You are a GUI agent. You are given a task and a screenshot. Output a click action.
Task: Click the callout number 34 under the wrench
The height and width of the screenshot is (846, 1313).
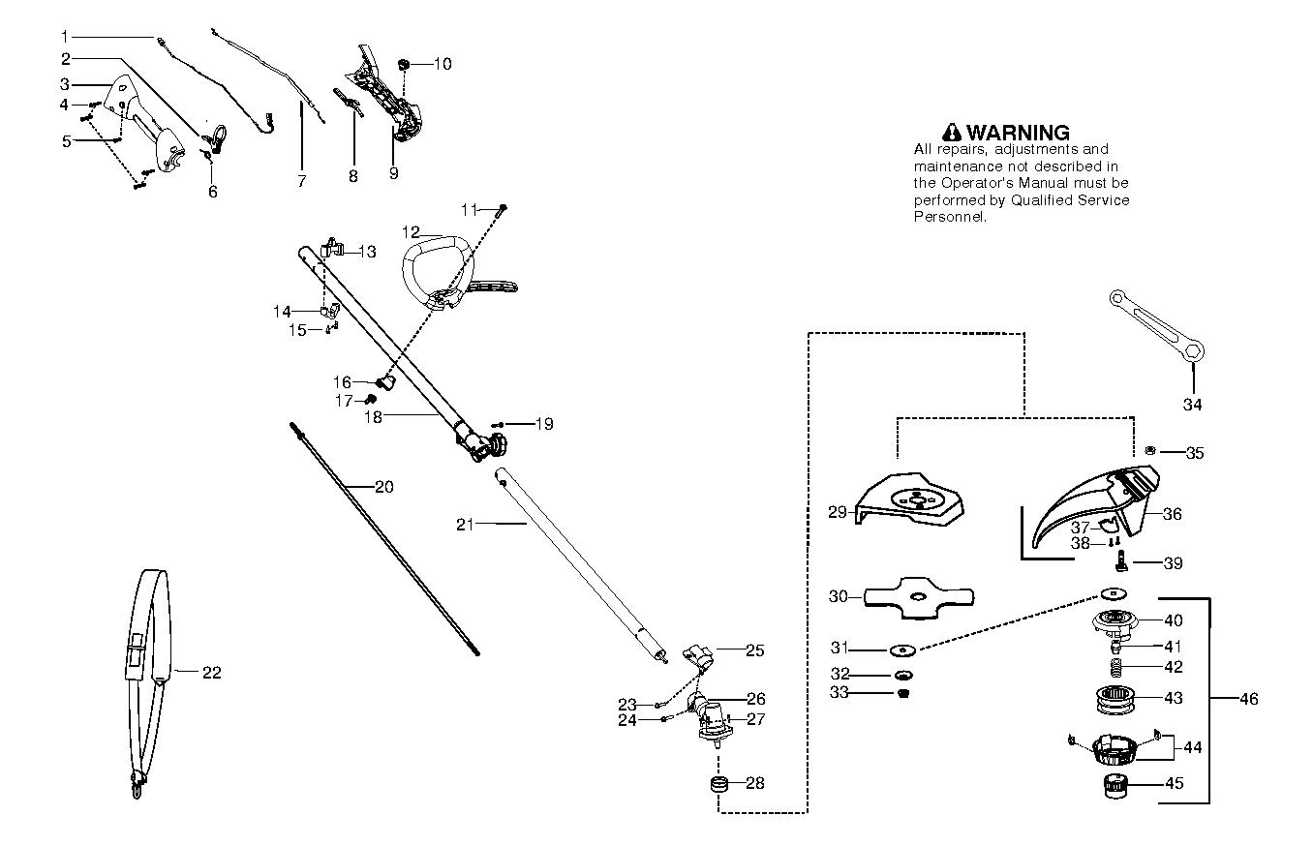1192,405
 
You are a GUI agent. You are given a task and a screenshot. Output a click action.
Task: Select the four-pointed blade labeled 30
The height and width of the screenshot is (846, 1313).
919,595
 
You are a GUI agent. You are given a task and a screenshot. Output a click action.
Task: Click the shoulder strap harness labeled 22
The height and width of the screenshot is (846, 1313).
148,668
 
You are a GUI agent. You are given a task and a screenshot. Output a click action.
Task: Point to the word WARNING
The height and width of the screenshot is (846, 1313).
1018,133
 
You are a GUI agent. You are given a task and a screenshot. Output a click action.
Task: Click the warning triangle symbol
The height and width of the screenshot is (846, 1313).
952,133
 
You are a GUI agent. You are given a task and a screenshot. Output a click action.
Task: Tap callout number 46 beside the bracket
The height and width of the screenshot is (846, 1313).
1249,698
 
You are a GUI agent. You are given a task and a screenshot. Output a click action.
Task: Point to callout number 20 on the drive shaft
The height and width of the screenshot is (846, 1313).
383,487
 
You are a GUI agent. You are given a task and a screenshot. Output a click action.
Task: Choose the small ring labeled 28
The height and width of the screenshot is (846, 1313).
719,782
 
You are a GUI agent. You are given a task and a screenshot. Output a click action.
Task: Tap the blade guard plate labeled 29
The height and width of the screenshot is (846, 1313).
913,498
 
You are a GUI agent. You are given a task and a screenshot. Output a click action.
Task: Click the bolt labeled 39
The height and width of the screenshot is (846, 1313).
1121,560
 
